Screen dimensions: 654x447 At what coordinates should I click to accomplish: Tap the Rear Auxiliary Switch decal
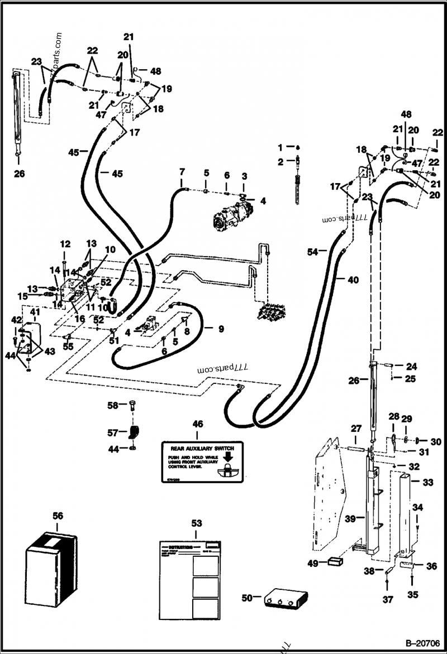pos(202,462)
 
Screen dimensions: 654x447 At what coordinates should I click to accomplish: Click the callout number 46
pos(197,425)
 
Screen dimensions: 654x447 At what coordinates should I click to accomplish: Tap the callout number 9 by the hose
pos(221,329)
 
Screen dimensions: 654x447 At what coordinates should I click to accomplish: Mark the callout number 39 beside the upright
pos(350,518)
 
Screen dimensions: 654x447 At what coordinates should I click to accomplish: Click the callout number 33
pos(427,482)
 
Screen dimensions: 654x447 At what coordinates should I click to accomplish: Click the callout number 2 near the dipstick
pos(280,162)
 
